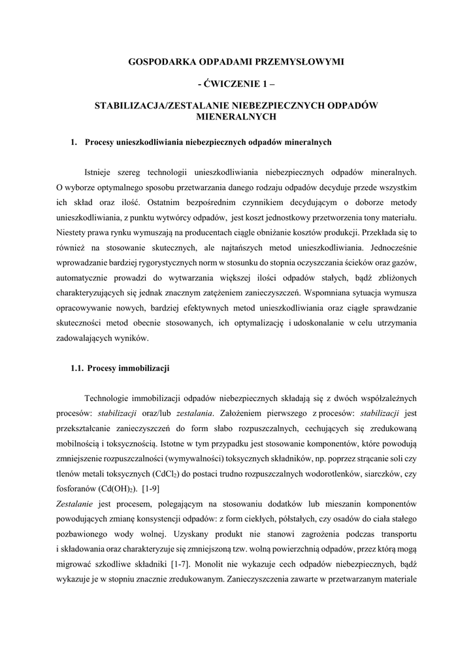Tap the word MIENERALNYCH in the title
236,117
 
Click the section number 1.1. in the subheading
76,368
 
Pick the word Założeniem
246,413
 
